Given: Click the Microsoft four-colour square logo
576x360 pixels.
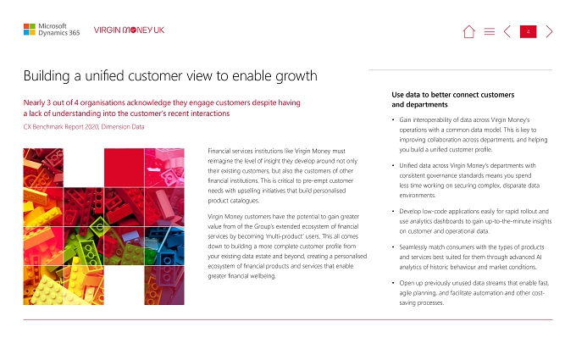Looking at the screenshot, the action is (x=30, y=30).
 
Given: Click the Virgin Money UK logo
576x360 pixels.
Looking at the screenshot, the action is (x=129, y=30).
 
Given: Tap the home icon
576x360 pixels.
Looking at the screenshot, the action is (x=468, y=31).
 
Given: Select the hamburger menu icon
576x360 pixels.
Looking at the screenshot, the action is (x=490, y=31).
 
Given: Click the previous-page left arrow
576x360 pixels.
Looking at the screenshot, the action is (x=507, y=31).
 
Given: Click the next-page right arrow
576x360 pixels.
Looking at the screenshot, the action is (x=549, y=31).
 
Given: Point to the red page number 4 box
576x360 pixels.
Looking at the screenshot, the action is (x=529, y=31).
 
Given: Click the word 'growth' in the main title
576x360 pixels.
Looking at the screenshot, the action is (x=296, y=76).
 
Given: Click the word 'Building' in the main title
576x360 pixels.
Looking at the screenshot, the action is (x=47, y=76).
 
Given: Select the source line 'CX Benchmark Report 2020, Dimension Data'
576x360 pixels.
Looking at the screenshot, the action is (x=84, y=127).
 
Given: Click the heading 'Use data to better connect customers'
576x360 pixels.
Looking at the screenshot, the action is (x=453, y=95).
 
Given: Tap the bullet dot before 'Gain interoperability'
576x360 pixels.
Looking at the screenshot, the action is (x=393, y=119).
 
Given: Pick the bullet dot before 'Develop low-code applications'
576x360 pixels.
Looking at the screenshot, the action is (x=393, y=211).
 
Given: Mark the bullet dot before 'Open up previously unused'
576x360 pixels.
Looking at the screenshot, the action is (x=393, y=283).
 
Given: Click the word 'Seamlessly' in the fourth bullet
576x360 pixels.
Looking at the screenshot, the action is (x=413, y=247).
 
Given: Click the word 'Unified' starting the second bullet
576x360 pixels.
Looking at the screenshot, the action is (x=408, y=166).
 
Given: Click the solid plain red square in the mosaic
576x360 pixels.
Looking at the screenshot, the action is (x=125, y=168).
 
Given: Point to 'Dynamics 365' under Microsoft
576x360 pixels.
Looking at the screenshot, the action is (x=59, y=33).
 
